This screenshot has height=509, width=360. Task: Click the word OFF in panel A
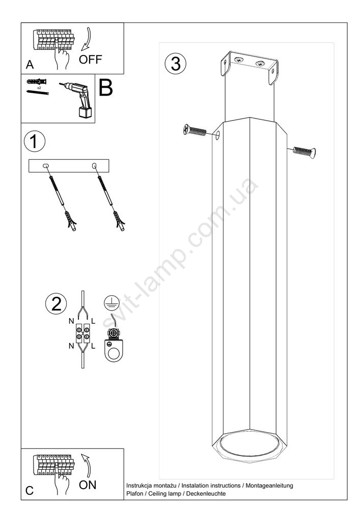[x=90, y=60]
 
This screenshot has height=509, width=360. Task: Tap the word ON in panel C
[x=87, y=485]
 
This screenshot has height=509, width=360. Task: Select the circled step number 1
[x=35, y=141]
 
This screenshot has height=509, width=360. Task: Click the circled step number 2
[x=56, y=304]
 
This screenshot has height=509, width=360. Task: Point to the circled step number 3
[x=176, y=63]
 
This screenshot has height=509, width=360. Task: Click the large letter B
[x=105, y=88]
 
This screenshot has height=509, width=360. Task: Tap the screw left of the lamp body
[x=195, y=130]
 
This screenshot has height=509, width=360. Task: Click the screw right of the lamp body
[x=304, y=152]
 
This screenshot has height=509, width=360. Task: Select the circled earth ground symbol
[x=109, y=302]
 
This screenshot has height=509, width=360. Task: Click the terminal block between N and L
[x=82, y=333]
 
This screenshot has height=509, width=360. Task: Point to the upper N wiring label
[x=71, y=321]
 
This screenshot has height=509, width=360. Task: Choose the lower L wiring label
[x=93, y=346]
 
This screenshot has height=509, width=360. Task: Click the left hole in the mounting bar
[x=46, y=166]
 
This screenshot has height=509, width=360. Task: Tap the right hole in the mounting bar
[x=94, y=166]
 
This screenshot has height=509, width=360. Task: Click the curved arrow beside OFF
[x=87, y=40]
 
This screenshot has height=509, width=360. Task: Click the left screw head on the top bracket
[x=239, y=60]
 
